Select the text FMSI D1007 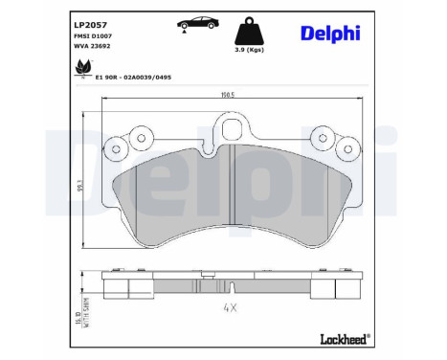tap(92, 34)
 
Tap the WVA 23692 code tap(91, 45)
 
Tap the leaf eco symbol tap(81, 66)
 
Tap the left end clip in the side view tap(116, 287)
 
